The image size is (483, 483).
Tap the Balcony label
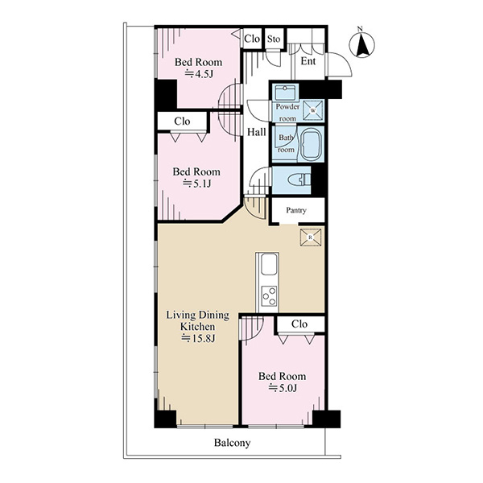tap(233, 443)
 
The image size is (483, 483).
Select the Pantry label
tap(296, 210)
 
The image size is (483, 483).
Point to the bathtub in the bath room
tap(312, 144)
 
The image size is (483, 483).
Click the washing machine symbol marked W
tap(313, 110)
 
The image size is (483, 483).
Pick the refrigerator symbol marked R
tap(311, 237)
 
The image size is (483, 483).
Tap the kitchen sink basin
tap(269, 264)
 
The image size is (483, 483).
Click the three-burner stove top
tap(269, 296)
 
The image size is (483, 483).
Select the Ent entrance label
tap(308, 61)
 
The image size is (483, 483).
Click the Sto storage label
tap(274, 39)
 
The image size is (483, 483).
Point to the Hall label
tap(257, 133)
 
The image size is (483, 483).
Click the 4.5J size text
tap(199, 74)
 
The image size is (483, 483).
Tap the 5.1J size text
tap(197, 184)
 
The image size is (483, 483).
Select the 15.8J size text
tap(197, 338)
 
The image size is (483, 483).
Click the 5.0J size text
tap(283, 387)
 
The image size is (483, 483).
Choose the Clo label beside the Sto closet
tap(252, 39)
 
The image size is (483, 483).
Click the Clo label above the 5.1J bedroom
tap(182, 122)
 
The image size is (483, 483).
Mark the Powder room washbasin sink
tap(285, 92)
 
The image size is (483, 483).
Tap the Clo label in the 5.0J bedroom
tap(299, 324)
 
